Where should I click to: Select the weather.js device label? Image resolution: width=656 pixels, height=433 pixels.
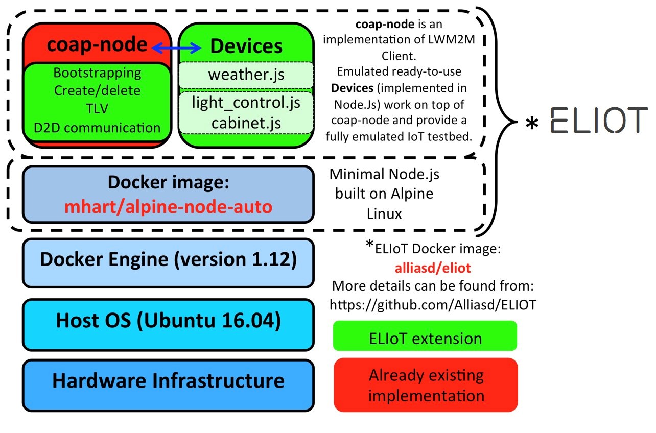point(246,76)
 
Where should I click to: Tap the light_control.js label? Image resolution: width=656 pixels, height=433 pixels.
point(246,102)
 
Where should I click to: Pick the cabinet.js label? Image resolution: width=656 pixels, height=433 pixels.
point(246,123)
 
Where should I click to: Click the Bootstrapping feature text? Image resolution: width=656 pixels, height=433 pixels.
point(97,73)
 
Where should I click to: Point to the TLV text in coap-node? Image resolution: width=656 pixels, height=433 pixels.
point(97,109)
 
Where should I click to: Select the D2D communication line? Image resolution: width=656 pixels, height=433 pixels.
point(97,127)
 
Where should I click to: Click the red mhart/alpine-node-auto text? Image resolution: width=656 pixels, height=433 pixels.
point(168,207)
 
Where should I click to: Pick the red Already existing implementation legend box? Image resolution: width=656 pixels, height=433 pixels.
point(426,385)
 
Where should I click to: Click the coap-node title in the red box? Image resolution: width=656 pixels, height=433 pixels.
point(97,45)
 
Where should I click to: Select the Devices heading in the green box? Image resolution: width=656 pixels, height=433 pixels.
point(246,46)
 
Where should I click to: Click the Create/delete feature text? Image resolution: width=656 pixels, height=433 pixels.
point(97,91)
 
